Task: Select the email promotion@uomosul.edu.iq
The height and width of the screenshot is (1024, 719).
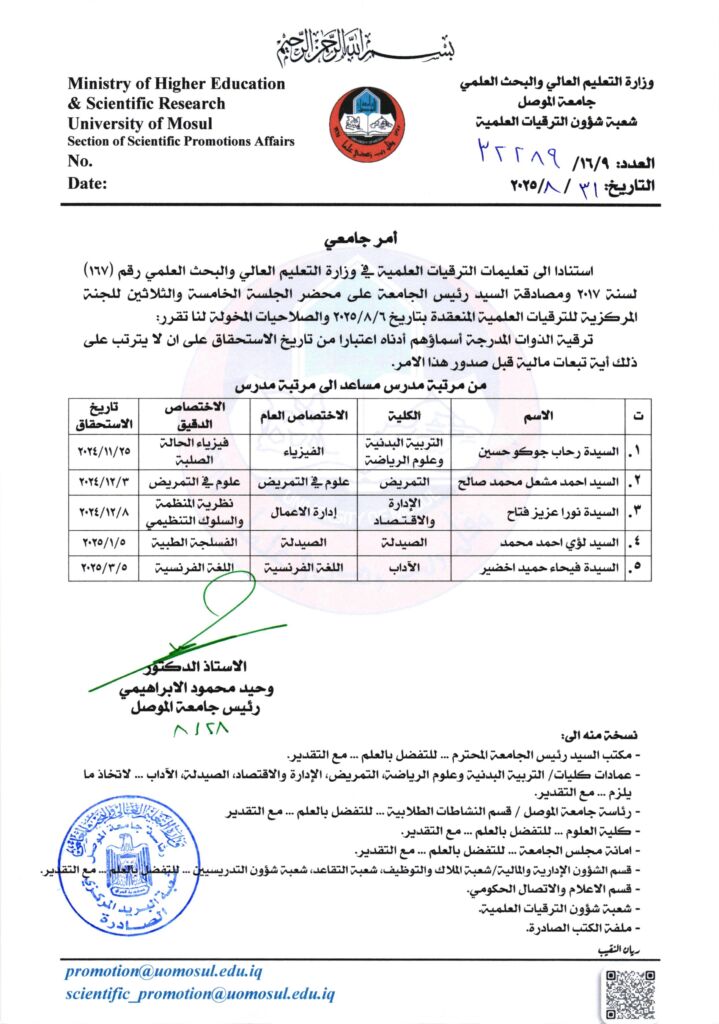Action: point(179,971)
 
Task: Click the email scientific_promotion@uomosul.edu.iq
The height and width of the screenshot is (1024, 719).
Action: point(200,994)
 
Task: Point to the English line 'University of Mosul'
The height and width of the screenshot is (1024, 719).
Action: point(134,123)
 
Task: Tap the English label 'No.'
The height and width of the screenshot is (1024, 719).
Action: point(80,161)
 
